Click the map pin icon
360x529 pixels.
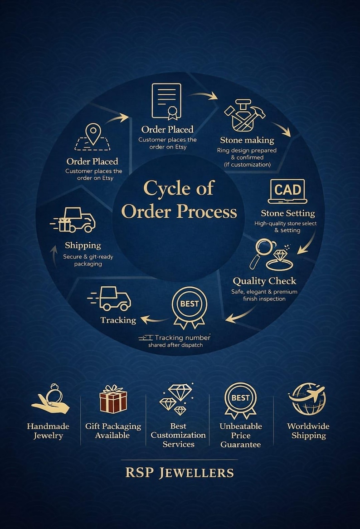click(93, 133)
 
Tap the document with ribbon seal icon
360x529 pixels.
click(166, 102)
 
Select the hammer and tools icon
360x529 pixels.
click(244, 115)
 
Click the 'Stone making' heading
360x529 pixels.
click(247, 140)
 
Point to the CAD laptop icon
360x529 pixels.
click(287, 191)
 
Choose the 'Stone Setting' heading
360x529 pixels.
click(288, 213)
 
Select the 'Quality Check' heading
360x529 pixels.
click(264, 281)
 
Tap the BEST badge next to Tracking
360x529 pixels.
click(189, 307)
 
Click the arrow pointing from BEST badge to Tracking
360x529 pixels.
click(155, 319)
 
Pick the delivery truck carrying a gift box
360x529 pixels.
click(73, 220)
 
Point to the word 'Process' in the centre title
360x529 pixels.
click(207, 211)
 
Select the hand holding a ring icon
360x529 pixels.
click(50, 399)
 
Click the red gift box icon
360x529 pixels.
click(113, 399)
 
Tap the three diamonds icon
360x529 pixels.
click(177, 399)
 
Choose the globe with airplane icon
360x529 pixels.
click(307, 398)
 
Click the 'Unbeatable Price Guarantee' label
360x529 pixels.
click(241, 436)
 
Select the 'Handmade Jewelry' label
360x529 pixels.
click(48, 431)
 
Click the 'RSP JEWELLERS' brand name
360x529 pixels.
click(180, 473)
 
